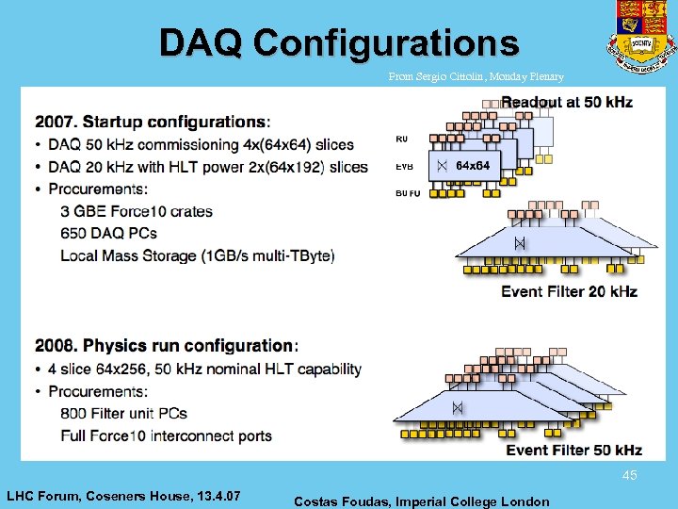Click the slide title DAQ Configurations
tap(338, 42)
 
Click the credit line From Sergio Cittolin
tap(476, 77)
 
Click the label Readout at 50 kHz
tap(567, 102)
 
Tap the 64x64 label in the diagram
tap(472, 166)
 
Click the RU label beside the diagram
tap(402, 139)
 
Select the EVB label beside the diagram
tap(403, 167)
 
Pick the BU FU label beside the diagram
tap(408, 193)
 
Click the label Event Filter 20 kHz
tap(569, 291)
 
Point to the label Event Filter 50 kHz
tap(573, 451)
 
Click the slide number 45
tap(629, 476)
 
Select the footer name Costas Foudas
tap(422, 501)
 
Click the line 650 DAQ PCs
tap(108, 233)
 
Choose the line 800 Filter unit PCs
tap(123, 413)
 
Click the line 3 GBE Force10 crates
tap(137, 211)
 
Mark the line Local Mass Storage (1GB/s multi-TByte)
tap(197, 255)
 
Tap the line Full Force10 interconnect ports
tap(166, 435)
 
